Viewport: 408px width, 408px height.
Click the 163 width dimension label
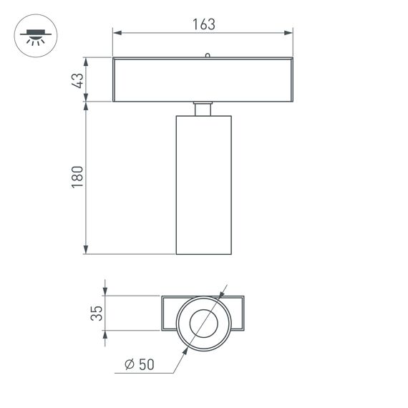(203, 24)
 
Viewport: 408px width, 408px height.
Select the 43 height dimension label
(78, 79)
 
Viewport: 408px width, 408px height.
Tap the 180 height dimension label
(78, 178)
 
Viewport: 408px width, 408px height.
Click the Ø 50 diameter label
(140, 364)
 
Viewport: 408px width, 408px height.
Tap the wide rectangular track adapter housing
(203, 79)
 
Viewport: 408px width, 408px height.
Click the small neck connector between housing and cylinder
(203, 109)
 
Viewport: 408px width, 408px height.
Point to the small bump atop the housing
(207, 54)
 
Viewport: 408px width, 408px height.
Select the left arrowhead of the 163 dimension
(117, 32)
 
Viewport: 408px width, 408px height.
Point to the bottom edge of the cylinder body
(203, 253)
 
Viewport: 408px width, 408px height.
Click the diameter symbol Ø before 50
(129, 364)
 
